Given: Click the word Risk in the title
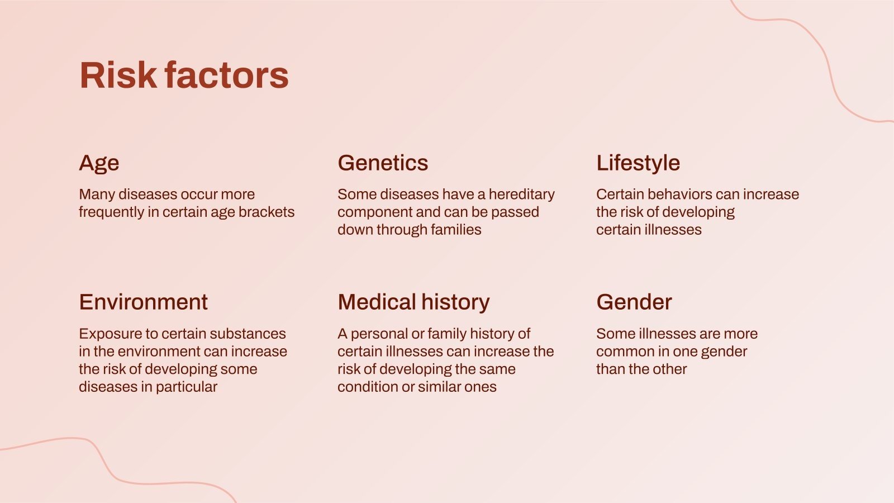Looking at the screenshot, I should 118,75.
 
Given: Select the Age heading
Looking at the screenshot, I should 99,163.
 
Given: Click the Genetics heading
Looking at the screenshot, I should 383,163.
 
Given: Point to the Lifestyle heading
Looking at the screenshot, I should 638,163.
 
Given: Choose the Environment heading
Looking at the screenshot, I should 143,302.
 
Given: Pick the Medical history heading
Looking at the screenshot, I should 413,302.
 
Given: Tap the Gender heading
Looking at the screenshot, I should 634,302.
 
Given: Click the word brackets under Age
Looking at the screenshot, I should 267,212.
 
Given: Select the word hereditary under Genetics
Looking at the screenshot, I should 521,194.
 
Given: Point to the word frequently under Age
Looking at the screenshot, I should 111,212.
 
